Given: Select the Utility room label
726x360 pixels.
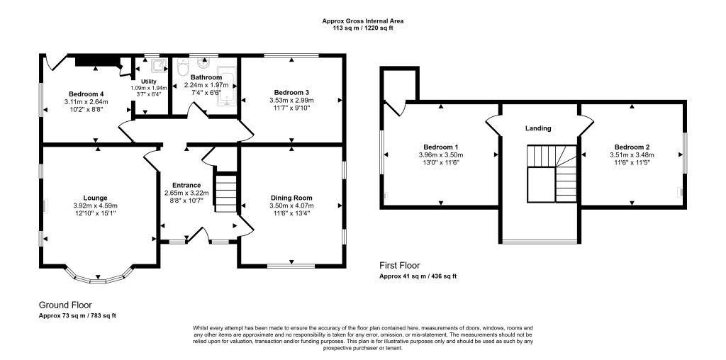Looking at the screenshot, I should (x=149, y=81).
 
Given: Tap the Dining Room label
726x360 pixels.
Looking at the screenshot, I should (x=291, y=198).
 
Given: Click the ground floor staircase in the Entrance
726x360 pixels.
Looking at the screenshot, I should (x=225, y=191).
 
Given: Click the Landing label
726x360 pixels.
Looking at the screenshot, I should (x=538, y=128).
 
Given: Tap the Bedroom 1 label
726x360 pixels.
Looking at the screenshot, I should (x=440, y=147).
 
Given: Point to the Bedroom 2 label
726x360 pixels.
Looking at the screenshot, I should (x=632, y=147).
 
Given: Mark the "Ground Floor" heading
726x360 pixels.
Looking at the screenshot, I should (x=65, y=304).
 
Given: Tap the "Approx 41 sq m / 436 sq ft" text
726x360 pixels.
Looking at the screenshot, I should (x=418, y=276).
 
